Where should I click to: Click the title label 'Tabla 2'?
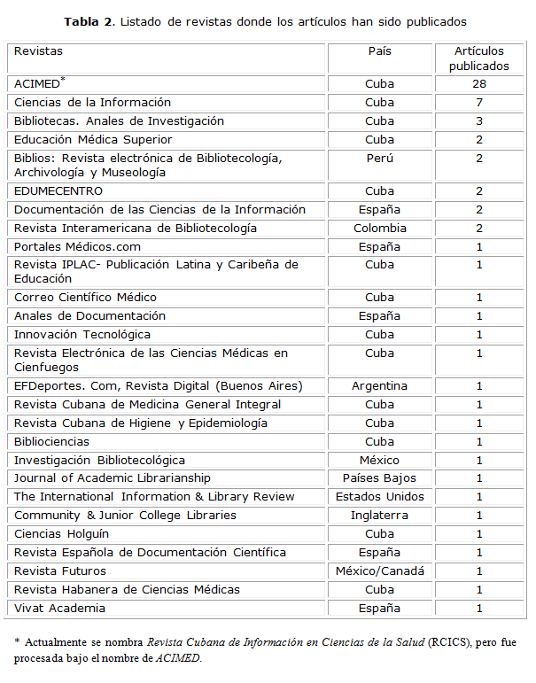pyautogui.click(x=89, y=20)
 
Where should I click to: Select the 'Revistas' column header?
pyautogui.click(x=39, y=51)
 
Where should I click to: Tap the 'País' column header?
pyautogui.click(x=379, y=51)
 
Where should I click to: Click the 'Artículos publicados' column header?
pyautogui.click(x=478, y=58)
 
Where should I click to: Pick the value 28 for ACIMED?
pyautogui.click(x=478, y=84)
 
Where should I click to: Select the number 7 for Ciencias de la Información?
pyautogui.click(x=478, y=103)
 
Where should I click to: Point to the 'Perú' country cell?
pyautogui.click(x=379, y=159)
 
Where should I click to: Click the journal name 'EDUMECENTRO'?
pyautogui.click(x=58, y=191)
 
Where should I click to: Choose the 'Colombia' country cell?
pyautogui.click(x=379, y=229)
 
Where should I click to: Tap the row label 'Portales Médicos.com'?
pyautogui.click(x=77, y=247)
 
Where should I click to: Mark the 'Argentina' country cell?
pyautogui.click(x=379, y=386)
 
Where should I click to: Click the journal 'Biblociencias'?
pyautogui.click(x=52, y=442)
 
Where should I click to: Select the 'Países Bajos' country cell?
pyautogui.click(x=379, y=479)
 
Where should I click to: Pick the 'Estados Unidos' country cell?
pyautogui.click(x=379, y=497)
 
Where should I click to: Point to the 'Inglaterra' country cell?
pyautogui.click(x=379, y=516)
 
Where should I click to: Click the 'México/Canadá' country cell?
pyautogui.click(x=379, y=571)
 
